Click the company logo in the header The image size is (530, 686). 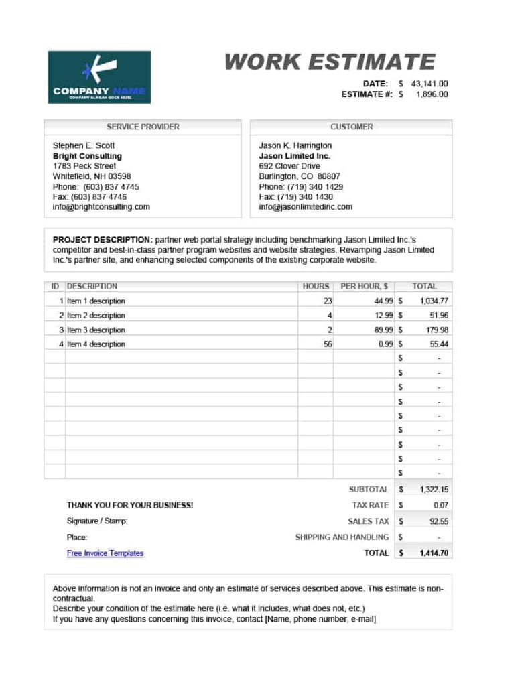click(99, 77)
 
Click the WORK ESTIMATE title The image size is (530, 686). click(330, 62)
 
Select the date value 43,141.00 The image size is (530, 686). click(429, 84)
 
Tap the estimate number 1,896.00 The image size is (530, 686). click(432, 94)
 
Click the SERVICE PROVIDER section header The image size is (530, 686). click(143, 127)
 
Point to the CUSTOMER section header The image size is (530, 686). click(351, 127)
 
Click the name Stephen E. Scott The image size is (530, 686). click(84, 145)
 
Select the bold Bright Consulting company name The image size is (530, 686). click(87, 156)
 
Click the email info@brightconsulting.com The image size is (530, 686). click(101, 207)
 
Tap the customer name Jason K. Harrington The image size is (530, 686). click(295, 145)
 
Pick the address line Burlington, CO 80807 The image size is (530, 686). click(299, 176)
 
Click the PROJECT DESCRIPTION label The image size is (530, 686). click(102, 239)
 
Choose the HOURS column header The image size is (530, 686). click(316, 286)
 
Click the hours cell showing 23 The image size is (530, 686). click(327, 301)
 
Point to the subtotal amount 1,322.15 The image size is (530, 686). click(434, 490)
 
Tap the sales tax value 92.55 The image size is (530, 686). click(439, 521)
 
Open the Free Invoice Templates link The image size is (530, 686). click(105, 553)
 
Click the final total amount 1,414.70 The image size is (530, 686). click(434, 553)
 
